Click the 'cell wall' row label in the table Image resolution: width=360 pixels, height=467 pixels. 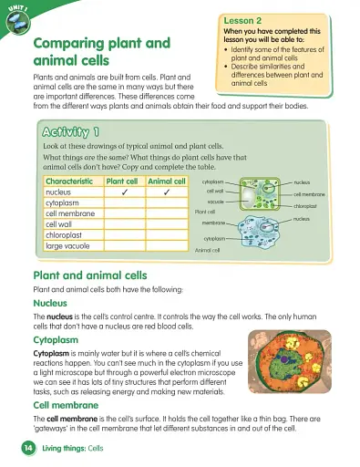click(59, 223)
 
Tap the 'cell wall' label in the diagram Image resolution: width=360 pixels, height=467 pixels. click(215, 191)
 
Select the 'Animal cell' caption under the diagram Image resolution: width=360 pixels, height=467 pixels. click(210, 248)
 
